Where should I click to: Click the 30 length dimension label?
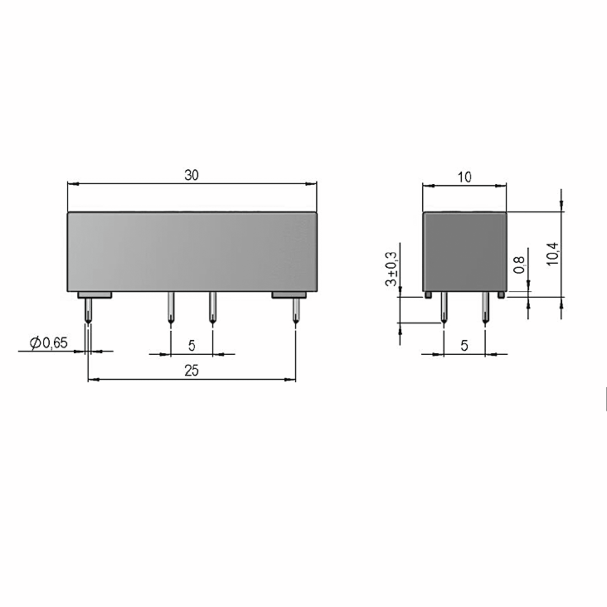191,175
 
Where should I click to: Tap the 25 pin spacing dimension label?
191,371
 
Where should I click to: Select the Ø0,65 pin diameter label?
49,343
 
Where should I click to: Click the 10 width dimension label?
464,178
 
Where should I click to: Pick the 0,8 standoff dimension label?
519,265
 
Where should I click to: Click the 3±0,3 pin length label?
392,269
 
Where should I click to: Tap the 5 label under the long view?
192,345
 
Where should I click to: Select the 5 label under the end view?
464,345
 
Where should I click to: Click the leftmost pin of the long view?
89,311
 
